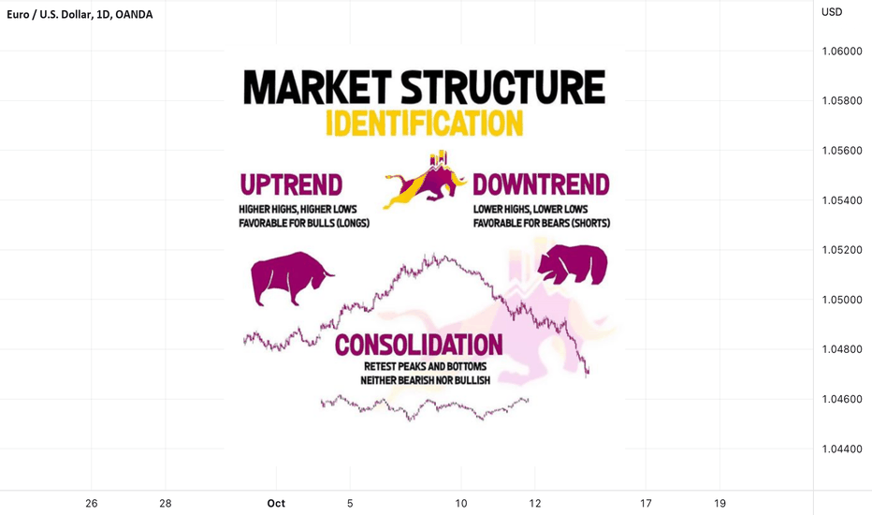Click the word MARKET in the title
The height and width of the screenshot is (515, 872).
[317, 87]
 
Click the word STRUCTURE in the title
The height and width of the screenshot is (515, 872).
[503, 87]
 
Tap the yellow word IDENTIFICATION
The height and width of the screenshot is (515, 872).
[425, 124]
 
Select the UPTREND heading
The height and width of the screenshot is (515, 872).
[291, 184]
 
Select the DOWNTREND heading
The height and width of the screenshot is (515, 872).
[541, 184]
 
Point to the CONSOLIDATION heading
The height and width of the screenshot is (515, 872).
[419, 345]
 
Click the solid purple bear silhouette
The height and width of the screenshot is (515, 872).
[573, 264]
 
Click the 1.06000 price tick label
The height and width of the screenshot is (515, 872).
[842, 51]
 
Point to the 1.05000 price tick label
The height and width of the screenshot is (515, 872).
[842, 300]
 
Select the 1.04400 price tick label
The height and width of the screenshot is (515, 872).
[842, 449]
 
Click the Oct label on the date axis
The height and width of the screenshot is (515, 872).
[276, 504]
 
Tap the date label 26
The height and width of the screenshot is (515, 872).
[91, 504]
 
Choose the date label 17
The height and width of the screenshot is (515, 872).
[645, 504]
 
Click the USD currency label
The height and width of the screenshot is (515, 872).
[832, 12]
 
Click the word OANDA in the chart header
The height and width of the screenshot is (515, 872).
[134, 14]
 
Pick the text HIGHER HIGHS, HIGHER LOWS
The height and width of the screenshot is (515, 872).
[298, 210]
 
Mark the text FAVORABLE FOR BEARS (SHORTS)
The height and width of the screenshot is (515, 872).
[542, 223]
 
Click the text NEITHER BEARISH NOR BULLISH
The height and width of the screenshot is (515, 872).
[426, 380]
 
